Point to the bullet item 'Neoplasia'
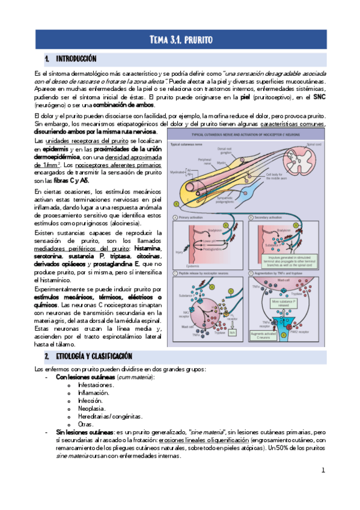click(x=91, y=408)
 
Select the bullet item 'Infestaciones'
click(x=96, y=384)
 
